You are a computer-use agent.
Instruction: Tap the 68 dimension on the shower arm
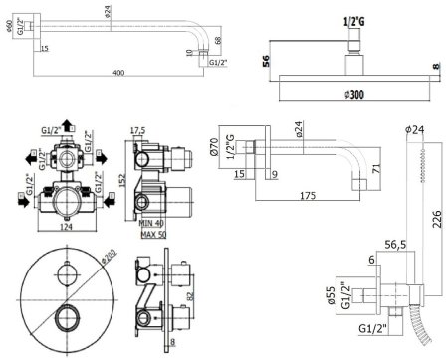[218, 42]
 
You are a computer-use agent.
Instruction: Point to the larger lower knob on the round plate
[67, 319]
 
